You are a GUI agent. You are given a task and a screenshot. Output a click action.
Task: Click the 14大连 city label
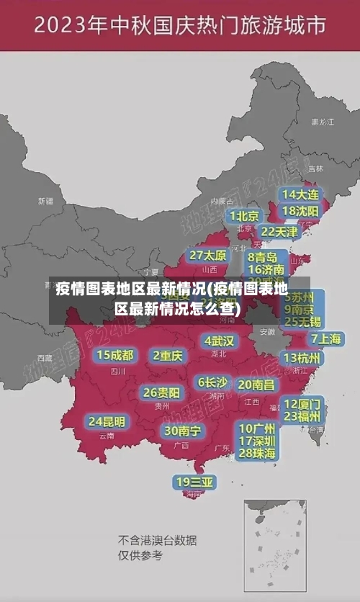tap(300, 194)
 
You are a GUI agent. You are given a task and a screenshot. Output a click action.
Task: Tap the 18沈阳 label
tap(300, 211)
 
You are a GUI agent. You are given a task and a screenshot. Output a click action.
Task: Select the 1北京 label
tap(245, 215)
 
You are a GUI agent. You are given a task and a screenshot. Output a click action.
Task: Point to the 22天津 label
tap(279, 232)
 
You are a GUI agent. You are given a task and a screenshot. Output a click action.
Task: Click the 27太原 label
tap(208, 255)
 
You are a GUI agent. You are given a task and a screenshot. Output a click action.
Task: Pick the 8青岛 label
tap(263, 257)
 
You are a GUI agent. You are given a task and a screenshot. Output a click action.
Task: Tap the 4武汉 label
tap(220, 341)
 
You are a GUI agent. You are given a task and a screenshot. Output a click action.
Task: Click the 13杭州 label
tap(302, 358)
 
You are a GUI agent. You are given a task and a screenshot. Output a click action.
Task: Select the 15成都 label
tap(115, 355)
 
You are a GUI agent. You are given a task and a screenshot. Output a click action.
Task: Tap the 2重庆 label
tap(168, 355)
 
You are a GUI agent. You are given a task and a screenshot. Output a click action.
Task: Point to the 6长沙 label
tap(212, 382)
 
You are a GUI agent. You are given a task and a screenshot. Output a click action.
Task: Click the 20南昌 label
tap(256, 385)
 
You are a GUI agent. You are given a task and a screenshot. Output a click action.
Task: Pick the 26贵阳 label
tap(161, 392)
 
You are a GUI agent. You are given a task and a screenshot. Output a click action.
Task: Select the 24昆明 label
tap(107, 421)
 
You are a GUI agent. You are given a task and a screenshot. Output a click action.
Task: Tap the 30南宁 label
tap(182, 431)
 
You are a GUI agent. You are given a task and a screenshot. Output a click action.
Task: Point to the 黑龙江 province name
tap(323, 122)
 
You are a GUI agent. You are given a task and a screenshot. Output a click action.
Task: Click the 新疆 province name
tap(46, 201)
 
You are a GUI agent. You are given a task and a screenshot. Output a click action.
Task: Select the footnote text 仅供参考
tap(140, 555)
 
